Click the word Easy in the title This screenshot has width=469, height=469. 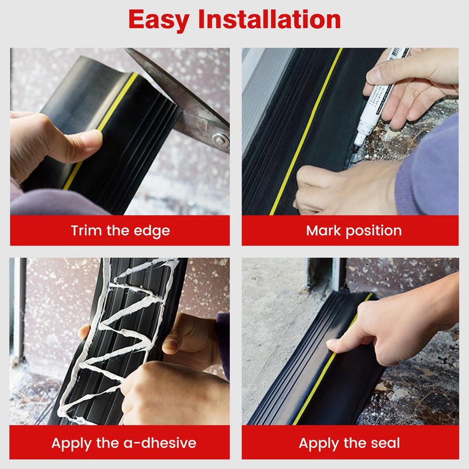click(158, 19)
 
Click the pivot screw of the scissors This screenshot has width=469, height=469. click(220, 140)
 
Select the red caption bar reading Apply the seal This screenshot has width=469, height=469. click(350, 443)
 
